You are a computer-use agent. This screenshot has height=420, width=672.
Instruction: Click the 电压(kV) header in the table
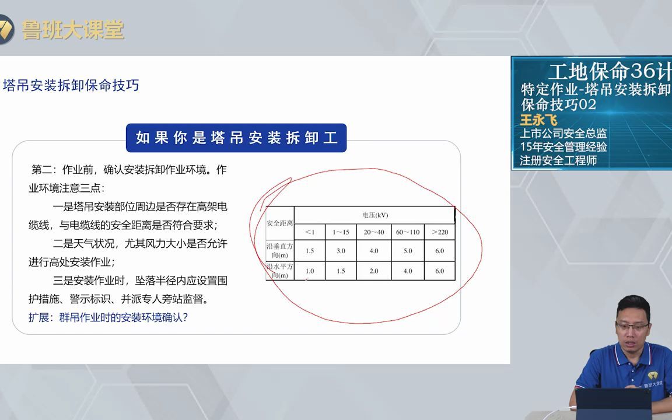tap(374, 215)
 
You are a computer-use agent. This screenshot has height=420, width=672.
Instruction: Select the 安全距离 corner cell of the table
tap(280, 223)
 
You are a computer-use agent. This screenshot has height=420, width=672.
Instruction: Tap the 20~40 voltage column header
tap(374, 232)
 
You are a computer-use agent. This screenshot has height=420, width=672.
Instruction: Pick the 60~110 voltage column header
tap(407, 232)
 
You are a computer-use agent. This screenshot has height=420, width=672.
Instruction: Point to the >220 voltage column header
tap(439, 232)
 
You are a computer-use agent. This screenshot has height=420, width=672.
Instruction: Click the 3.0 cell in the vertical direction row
tap(341, 251)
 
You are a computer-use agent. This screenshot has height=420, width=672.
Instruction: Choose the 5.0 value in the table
tap(407, 251)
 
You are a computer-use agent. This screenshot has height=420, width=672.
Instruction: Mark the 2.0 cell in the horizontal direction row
tap(374, 271)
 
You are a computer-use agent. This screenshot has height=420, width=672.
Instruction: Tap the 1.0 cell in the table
tap(310, 271)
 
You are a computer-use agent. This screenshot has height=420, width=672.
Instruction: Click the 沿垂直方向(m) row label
tap(280, 251)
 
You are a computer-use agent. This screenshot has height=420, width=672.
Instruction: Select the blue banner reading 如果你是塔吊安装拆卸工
tap(236, 138)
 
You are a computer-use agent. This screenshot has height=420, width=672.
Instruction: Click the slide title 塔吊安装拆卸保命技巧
tap(71, 86)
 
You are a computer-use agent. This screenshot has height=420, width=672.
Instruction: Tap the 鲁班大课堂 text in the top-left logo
tap(73, 30)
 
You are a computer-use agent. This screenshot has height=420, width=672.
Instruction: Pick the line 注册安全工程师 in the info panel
tap(558, 160)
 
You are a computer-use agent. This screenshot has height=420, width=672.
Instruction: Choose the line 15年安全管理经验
tap(563, 147)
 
